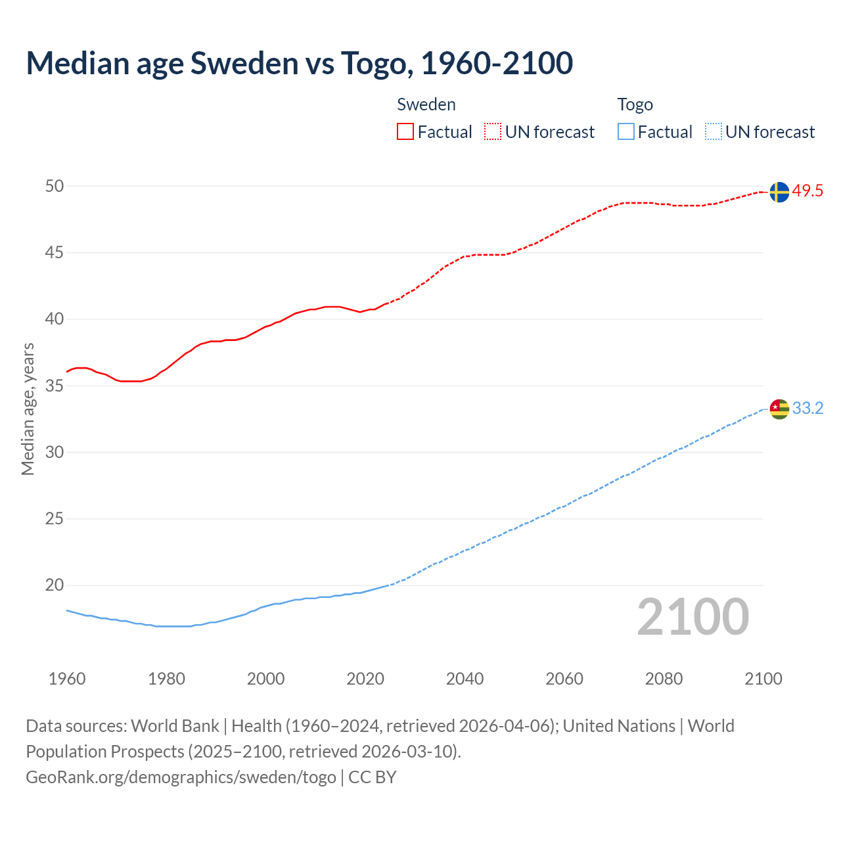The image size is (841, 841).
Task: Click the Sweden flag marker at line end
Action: click(x=779, y=192)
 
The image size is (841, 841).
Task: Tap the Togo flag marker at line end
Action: click(x=779, y=409)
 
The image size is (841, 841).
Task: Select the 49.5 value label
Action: click(x=807, y=191)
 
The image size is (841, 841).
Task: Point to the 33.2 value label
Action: click(x=807, y=409)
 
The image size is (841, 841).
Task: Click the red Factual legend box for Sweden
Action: click(x=405, y=132)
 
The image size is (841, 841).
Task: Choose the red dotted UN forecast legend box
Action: click(x=493, y=132)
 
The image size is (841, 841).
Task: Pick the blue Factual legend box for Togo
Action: click(x=626, y=132)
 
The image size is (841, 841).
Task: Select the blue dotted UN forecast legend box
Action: click(x=713, y=132)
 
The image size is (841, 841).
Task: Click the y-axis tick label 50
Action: click(x=55, y=186)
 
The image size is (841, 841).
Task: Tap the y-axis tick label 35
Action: click(x=55, y=386)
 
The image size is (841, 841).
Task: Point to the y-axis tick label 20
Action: click(x=55, y=585)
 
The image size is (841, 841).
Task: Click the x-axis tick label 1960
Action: click(x=67, y=679)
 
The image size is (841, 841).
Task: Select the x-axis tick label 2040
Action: click(x=465, y=679)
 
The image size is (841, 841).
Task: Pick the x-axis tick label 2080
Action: click(x=664, y=679)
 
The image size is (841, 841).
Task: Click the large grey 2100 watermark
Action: click(x=693, y=617)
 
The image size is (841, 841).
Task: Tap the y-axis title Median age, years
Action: click(x=28, y=409)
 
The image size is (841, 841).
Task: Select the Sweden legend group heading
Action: click(x=426, y=104)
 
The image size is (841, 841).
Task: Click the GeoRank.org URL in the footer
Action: click(x=181, y=777)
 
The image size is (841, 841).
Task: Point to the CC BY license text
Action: click(x=373, y=777)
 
